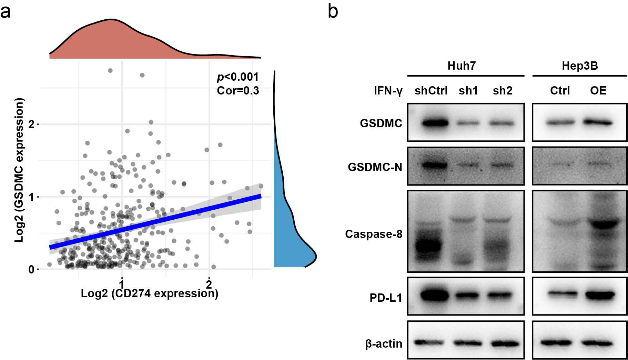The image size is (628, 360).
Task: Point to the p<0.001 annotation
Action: pos(237,77)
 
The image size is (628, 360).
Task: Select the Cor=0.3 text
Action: pos(238,90)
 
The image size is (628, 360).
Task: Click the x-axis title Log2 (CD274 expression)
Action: pos(150,293)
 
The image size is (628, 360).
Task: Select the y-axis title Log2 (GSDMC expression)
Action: pos(20,170)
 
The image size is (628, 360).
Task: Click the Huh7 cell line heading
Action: pos(462,66)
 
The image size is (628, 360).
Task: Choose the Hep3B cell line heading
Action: pos(580,66)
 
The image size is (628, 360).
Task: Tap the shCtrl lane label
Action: pos(431,91)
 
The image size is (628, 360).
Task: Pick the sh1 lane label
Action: pos(468,91)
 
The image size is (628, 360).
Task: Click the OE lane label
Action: pos(598,91)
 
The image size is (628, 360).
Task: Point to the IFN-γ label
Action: pos(388,91)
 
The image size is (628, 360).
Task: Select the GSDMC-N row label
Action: pos(375,167)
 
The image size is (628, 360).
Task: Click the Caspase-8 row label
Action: pos(374,234)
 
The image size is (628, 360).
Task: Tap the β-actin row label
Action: pos(384,344)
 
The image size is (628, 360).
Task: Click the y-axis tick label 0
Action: pos(31,269)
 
